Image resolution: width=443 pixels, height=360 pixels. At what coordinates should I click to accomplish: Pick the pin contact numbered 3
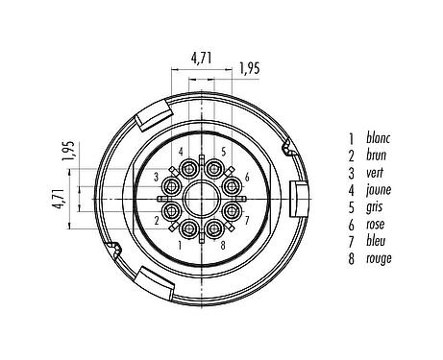pos(172,184)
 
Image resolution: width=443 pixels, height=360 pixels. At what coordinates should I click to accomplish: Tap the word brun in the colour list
pos(365,156)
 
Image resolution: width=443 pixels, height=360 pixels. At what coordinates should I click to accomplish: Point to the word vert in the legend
pos(364,173)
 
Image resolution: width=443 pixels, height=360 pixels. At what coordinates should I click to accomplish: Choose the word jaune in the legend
pos(367,190)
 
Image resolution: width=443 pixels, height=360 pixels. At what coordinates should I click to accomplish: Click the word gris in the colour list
pos(363,207)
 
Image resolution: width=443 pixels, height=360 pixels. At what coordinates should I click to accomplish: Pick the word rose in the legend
pos(364,225)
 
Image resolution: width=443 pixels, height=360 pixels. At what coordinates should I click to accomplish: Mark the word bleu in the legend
pos(364,241)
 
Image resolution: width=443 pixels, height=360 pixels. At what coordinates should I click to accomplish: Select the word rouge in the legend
pos(368,258)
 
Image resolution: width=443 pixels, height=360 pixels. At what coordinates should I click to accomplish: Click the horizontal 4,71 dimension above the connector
pos(202,59)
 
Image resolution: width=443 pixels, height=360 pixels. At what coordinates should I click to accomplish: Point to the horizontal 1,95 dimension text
pos(250,69)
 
